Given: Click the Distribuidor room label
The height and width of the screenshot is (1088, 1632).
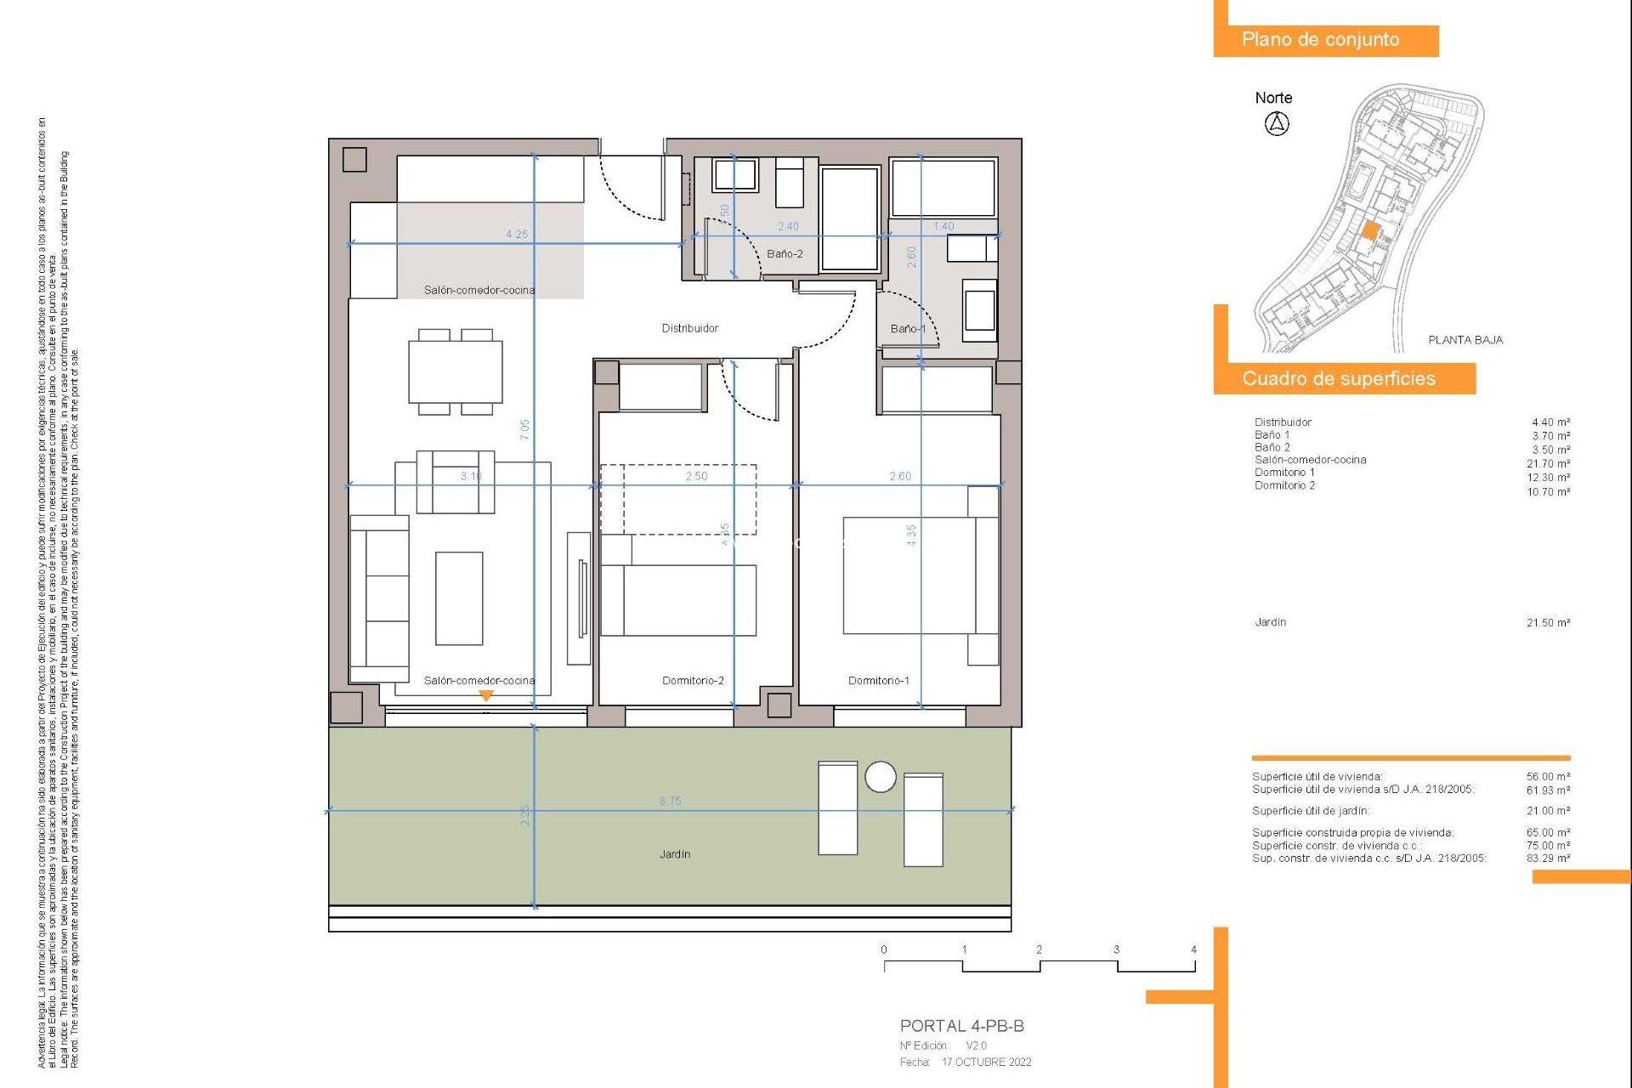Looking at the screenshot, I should [689, 328].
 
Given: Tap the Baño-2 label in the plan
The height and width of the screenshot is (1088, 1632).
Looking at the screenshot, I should [784, 254].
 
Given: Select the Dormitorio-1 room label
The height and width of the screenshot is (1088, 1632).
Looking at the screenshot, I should [878, 681].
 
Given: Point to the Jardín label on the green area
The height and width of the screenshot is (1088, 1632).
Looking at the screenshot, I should [674, 854].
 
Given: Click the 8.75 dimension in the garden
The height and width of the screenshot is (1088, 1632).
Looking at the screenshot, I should [670, 801].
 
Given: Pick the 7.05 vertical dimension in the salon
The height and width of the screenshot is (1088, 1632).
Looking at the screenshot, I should [525, 429].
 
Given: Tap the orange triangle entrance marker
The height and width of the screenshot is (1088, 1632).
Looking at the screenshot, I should [486, 695].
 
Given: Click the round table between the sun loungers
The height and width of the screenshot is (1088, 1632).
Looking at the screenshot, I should [880, 777].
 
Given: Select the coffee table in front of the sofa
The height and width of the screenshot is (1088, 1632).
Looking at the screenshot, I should [459, 598].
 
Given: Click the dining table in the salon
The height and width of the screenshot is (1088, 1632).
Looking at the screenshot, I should [456, 372].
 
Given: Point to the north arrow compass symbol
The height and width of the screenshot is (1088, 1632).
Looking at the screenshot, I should [1277, 124].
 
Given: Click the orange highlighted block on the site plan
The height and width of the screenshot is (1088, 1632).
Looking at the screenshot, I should [1370, 230].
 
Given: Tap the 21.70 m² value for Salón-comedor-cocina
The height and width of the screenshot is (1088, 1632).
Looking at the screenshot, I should [1548, 464].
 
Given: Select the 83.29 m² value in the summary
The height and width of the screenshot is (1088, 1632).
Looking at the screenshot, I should [1548, 858].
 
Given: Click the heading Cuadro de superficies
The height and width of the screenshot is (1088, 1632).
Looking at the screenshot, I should [1338, 379].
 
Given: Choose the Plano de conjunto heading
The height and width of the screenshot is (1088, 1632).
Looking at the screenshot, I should [1320, 40].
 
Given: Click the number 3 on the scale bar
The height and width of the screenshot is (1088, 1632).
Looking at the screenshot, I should [1116, 949].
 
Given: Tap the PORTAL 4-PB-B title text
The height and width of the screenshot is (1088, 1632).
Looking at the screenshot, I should [961, 1026].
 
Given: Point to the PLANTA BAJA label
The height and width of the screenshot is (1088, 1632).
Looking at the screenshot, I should [1465, 340].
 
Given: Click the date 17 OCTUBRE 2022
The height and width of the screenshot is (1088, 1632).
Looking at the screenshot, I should [986, 1062].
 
